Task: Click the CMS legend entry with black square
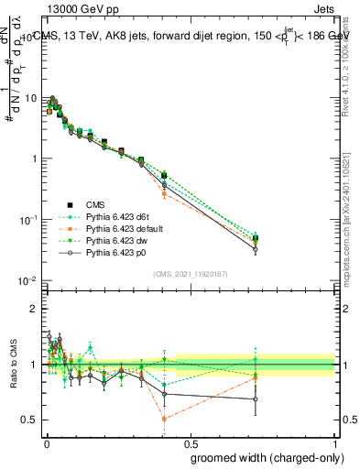click(97, 203)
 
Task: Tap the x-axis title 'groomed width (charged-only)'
click(262, 456)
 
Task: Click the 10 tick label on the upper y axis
click(31, 98)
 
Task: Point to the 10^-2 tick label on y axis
click(27, 280)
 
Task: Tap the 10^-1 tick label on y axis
click(27, 220)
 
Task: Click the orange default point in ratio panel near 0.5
click(164, 419)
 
